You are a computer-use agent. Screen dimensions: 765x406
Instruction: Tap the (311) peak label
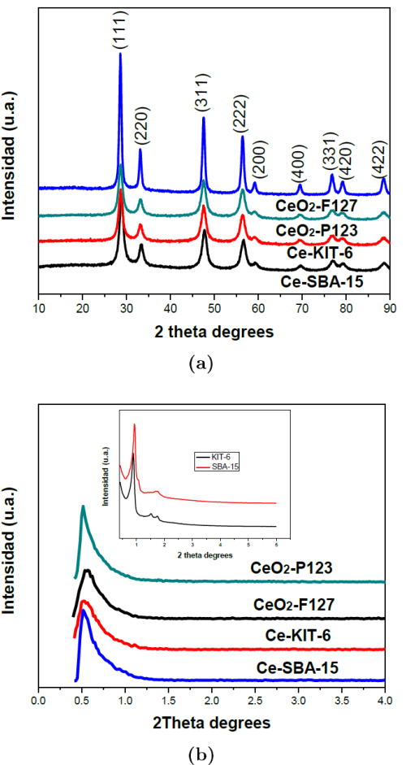click(203, 93)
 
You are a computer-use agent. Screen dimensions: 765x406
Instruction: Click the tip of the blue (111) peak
click(120, 54)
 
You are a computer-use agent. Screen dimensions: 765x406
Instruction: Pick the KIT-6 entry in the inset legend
click(222, 458)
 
